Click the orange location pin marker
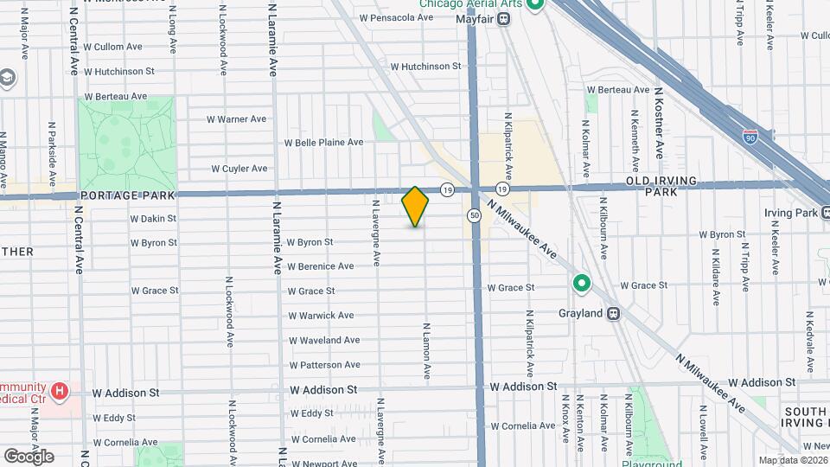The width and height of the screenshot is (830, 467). click(x=416, y=207)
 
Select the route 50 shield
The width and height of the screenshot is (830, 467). click(x=475, y=214)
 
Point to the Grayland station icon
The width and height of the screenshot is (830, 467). click(x=613, y=313)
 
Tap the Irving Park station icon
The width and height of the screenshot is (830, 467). click(x=826, y=213)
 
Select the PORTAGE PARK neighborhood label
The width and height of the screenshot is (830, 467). click(x=122, y=195)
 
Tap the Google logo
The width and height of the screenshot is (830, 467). click(x=29, y=456)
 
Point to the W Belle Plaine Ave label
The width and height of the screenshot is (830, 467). click(x=323, y=143)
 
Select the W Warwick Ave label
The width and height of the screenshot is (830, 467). click(x=321, y=316)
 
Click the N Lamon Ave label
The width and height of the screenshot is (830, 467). click(x=426, y=352)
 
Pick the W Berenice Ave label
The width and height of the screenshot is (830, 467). click(x=320, y=266)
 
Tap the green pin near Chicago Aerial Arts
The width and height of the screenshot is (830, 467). click(x=535, y=6)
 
